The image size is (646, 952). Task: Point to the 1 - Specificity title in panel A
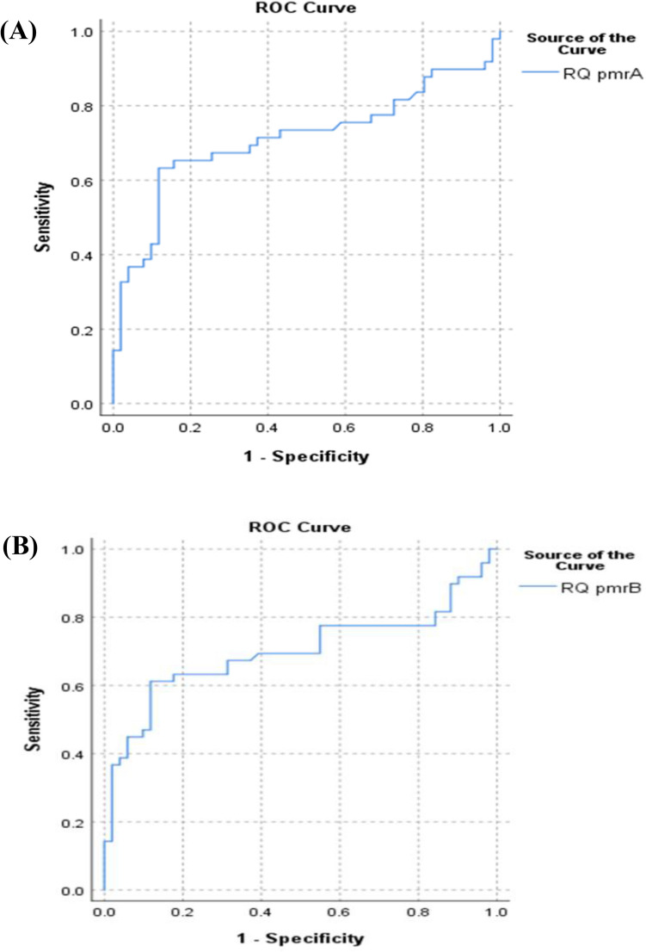[x=305, y=456]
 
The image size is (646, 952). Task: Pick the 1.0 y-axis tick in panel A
[x=84, y=32]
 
